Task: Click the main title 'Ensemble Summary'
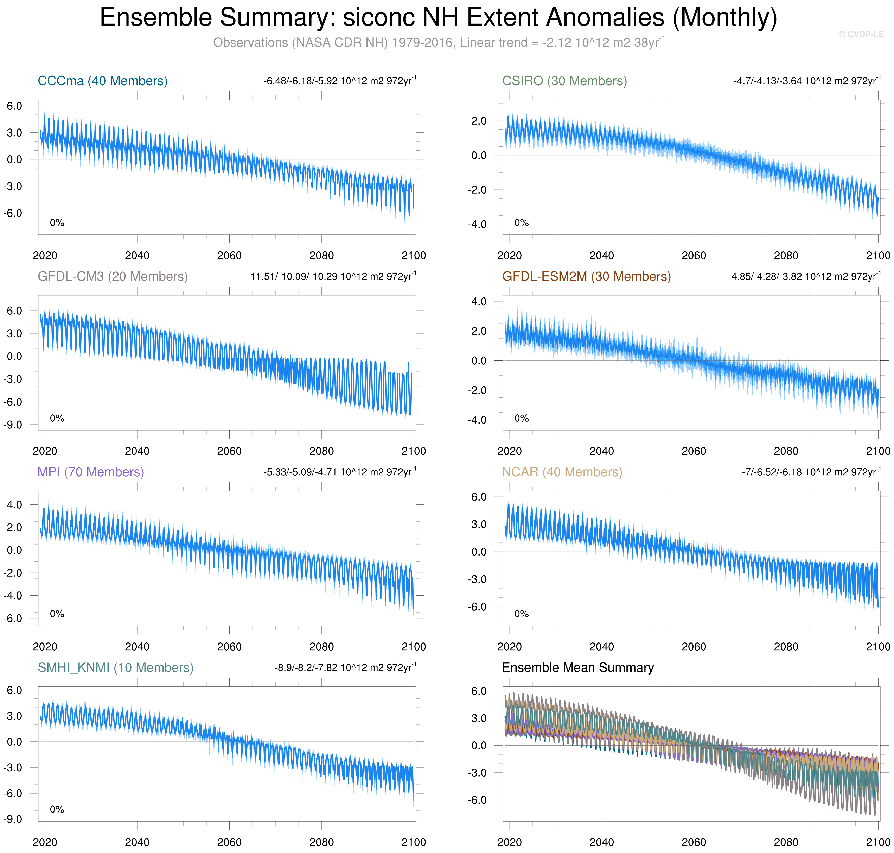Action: (438, 18)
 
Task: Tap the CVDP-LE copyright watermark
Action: (860, 35)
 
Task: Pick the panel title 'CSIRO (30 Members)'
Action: (564, 81)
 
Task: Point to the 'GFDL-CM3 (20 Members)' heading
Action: (113, 276)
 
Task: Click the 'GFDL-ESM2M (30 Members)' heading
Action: (586, 276)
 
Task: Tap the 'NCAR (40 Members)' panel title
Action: (562, 472)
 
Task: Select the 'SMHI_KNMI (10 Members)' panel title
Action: (115, 667)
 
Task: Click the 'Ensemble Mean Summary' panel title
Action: (578, 667)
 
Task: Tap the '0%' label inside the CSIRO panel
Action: (521, 223)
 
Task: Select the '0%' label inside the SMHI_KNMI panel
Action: (57, 809)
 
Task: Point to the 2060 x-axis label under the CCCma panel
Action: (229, 256)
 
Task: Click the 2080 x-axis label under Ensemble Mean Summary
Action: (786, 842)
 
